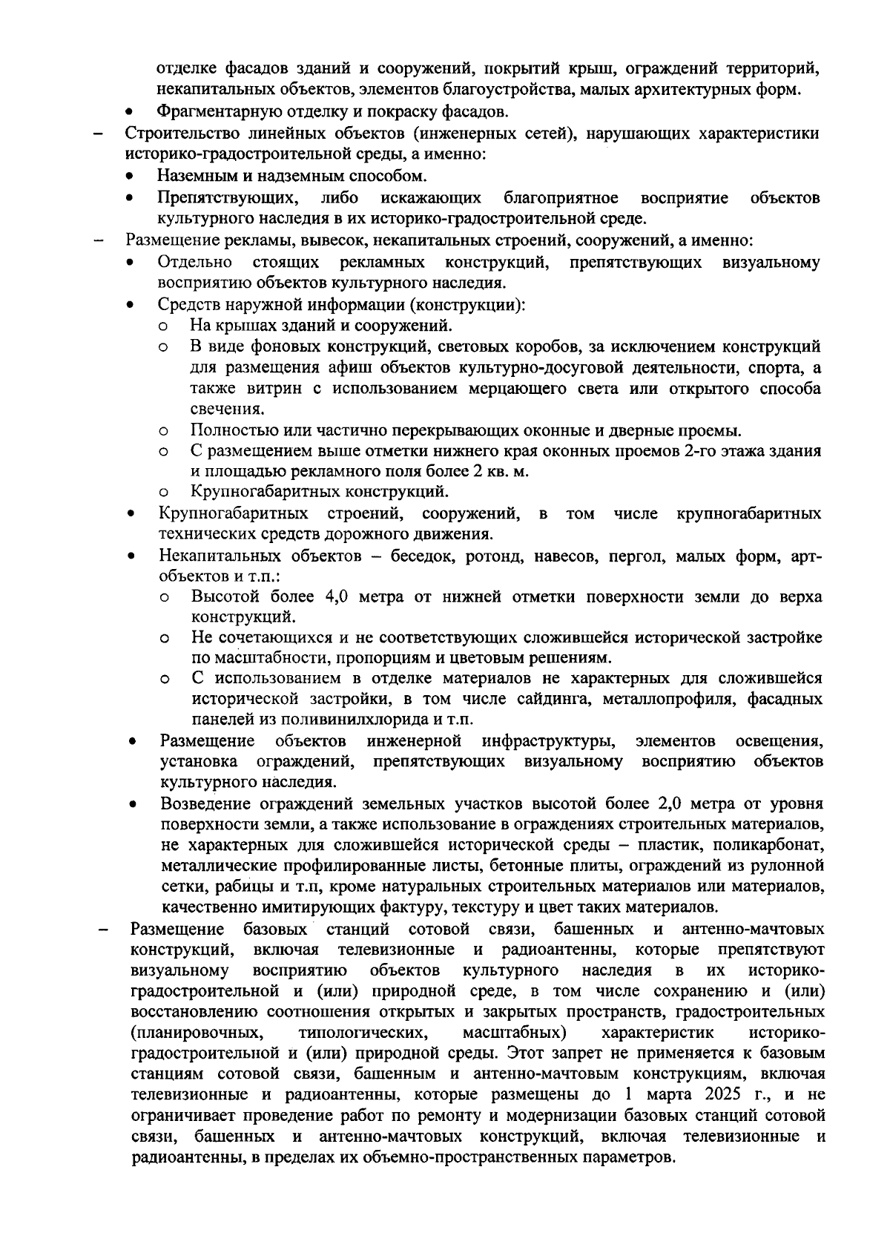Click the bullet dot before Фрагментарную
[130, 114]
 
